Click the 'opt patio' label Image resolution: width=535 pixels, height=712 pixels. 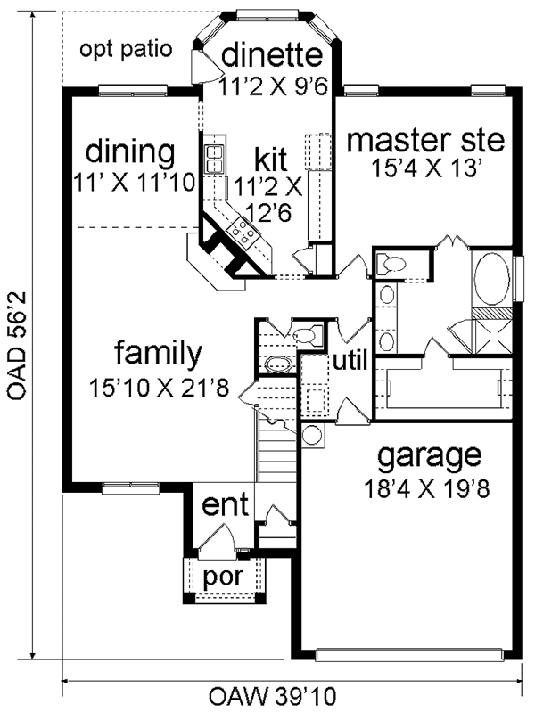click(x=126, y=50)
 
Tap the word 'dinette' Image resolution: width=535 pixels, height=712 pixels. click(x=272, y=54)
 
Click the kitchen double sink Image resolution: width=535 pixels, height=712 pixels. click(x=215, y=159)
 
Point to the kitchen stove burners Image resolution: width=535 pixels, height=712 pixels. click(x=243, y=231)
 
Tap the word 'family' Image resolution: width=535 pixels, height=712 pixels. click(x=158, y=353)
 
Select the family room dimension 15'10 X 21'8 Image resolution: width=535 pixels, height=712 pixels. click(x=158, y=388)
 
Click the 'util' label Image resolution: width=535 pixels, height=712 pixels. click(x=350, y=362)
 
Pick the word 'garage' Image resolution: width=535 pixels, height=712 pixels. click(x=429, y=455)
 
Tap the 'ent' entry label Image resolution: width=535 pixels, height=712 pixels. click(x=225, y=504)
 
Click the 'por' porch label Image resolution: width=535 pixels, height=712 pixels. click(x=223, y=577)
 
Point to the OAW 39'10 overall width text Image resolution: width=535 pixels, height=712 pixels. click(x=272, y=695)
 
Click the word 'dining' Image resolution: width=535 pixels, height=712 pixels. click(x=130, y=151)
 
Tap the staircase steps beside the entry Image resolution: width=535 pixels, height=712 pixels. click(x=276, y=454)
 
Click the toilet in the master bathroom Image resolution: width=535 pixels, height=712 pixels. click(x=390, y=264)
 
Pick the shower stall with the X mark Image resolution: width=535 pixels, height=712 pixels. click(x=491, y=336)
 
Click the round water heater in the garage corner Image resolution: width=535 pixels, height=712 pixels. click(x=312, y=435)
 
